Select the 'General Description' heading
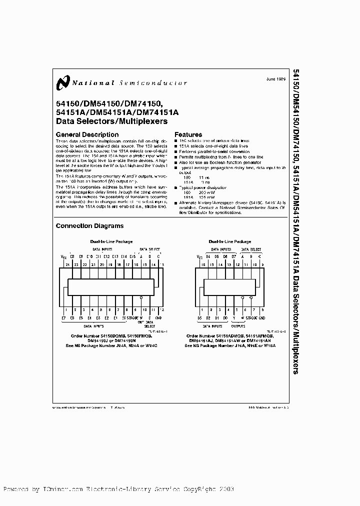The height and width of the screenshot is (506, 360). point(87,134)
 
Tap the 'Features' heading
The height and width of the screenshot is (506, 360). point(188,134)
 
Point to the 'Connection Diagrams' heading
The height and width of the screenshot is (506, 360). point(89,226)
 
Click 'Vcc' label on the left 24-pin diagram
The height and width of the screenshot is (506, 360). point(63,257)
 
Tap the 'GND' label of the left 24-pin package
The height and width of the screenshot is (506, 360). point(158,317)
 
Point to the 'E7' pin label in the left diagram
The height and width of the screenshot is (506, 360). point(63,317)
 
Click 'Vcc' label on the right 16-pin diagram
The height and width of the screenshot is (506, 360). point(199,257)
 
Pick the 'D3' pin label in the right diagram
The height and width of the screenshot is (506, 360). point(199,317)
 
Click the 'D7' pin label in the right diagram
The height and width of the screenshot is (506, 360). point(234,256)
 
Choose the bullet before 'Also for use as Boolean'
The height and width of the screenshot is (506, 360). point(176,162)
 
